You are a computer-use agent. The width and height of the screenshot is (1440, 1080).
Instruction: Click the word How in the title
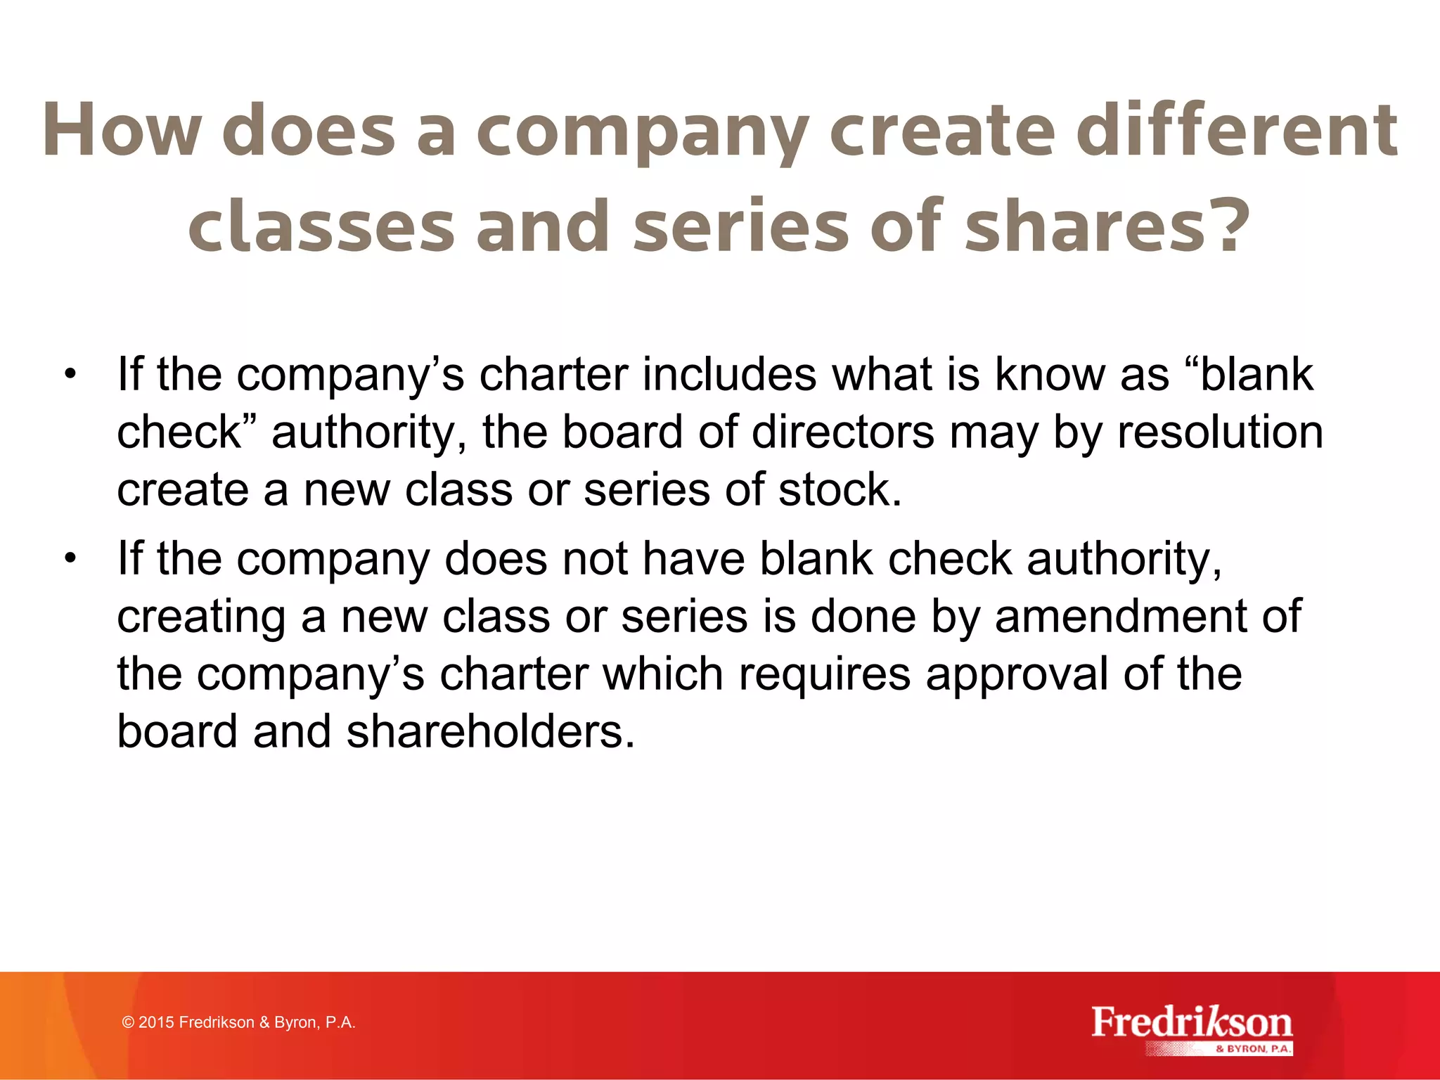click(x=122, y=131)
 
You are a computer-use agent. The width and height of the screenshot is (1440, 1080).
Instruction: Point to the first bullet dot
click(x=69, y=374)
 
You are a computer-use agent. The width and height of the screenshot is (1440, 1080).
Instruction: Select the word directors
click(x=843, y=432)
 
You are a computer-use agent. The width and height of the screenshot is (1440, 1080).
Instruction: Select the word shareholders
click(x=484, y=732)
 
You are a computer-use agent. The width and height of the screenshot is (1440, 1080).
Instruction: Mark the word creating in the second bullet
click(x=201, y=617)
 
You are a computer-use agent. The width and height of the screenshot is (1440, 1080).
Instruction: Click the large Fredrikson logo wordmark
click(x=1192, y=1022)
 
